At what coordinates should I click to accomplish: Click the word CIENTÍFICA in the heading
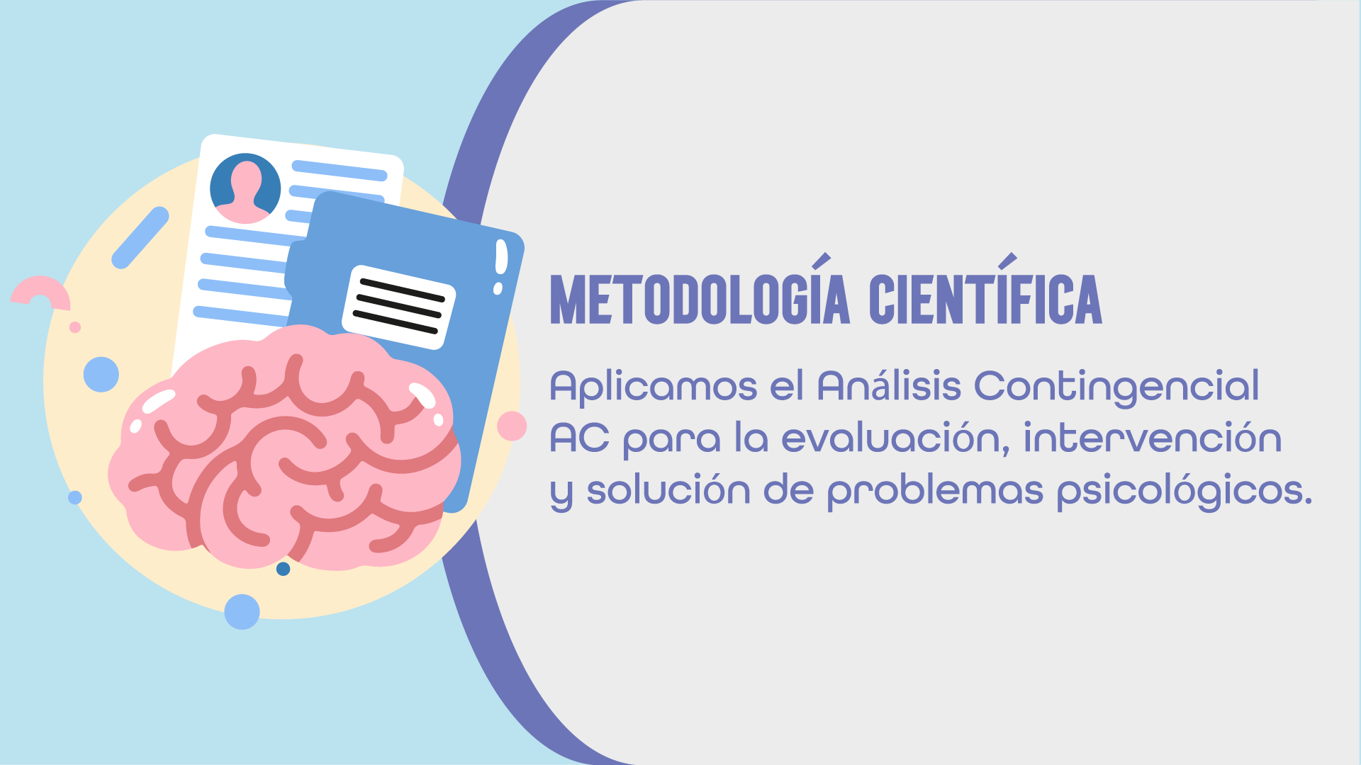(x=985, y=299)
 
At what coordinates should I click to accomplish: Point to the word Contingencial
(x=1116, y=387)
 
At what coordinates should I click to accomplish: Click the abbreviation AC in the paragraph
(x=579, y=438)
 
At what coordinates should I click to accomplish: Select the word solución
(x=668, y=490)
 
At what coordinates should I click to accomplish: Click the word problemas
(x=935, y=492)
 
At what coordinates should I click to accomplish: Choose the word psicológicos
(x=1184, y=492)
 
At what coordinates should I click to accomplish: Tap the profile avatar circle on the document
(x=245, y=188)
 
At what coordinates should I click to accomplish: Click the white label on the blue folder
(x=399, y=307)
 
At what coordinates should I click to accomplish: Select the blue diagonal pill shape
(x=140, y=237)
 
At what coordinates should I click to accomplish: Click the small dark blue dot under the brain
(x=283, y=569)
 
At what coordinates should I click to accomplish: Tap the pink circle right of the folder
(x=511, y=426)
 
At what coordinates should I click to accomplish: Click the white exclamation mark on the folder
(x=500, y=266)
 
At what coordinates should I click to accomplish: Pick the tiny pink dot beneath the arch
(x=74, y=327)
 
